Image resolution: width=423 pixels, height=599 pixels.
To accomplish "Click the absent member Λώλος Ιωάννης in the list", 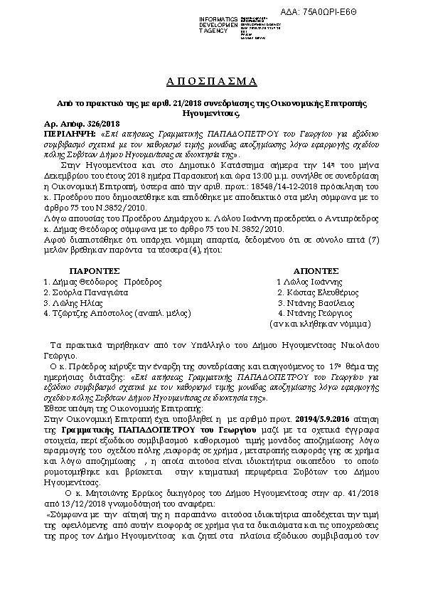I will point(312,282).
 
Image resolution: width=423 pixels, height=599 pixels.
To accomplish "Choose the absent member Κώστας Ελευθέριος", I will point(318,292).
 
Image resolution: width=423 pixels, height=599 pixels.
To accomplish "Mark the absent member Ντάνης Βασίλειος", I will point(315,302).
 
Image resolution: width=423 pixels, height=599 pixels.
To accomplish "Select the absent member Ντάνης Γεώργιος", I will point(315,312).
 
